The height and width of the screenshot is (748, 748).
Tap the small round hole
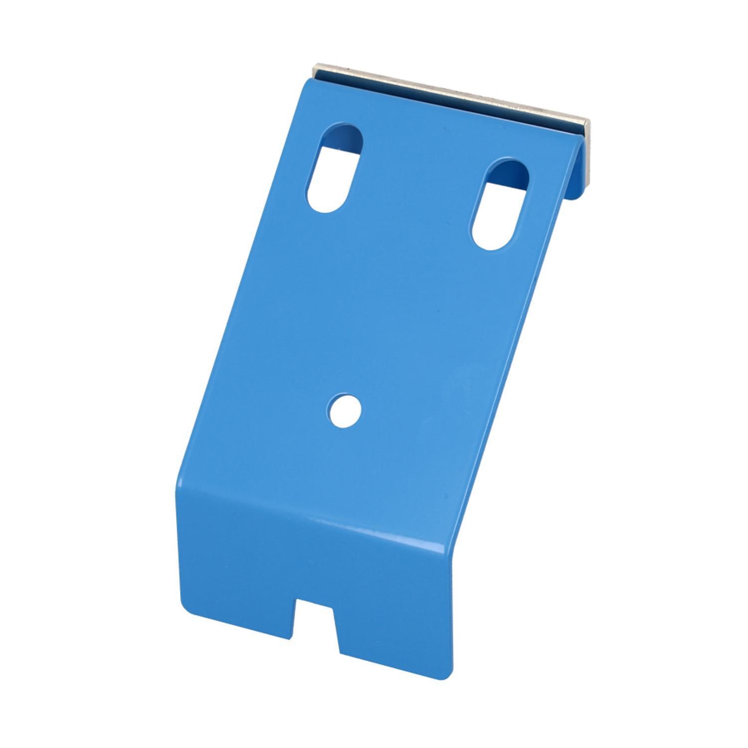click(x=345, y=411)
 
